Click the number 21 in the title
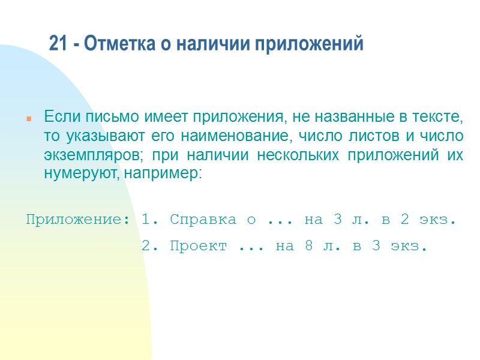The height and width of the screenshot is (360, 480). (57, 44)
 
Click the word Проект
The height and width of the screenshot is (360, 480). (199, 246)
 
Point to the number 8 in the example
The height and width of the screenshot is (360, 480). (308, 246)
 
